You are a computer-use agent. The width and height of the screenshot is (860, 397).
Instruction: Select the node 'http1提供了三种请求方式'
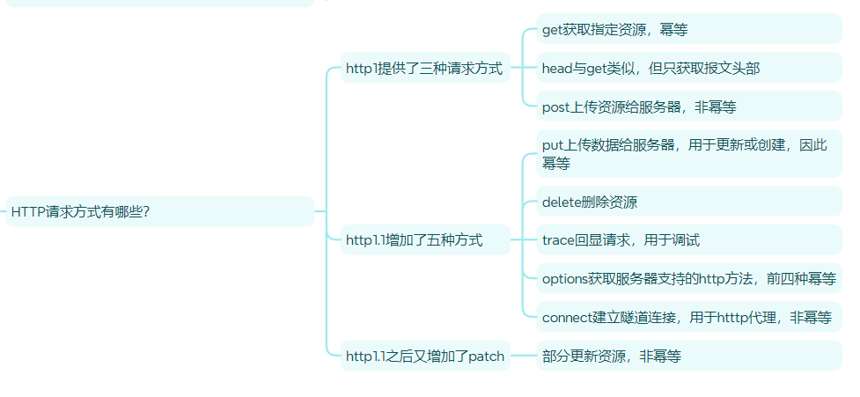pyautogui.click(x=424, y=69)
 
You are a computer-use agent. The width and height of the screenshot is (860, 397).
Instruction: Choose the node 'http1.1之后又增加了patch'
pyautogui.click(x=424, y=357)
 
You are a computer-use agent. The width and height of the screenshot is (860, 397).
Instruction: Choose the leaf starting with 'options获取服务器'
pyautogui.click(x=688, y=279)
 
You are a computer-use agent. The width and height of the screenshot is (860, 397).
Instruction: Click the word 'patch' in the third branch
pyautogui.click(x=487, y=357)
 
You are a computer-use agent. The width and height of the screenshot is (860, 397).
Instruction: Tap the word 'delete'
pyautogui.click(x=562, y=202)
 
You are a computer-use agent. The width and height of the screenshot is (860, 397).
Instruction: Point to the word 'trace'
pyautogui.click(x=558, y=239)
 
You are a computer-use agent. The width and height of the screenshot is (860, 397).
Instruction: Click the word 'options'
pyautogui.click(x=567, y=279)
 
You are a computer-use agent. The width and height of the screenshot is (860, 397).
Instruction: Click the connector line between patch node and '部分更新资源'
pyautogui.click(x=524, y=357)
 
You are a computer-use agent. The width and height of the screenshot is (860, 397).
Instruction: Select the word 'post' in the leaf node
pyautogui.click(x=556, y=107)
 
